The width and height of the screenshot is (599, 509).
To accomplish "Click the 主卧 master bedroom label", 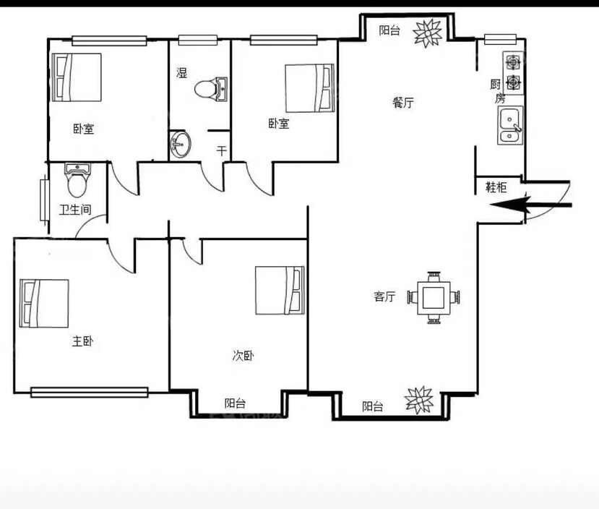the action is [82, 341].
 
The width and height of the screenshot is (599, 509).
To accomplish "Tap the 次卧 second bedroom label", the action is [243, 356].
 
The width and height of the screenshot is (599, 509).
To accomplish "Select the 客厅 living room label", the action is [384, 296].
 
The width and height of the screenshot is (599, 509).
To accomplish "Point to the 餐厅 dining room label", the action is [403, 103].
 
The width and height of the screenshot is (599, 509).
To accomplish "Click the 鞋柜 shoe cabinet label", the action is [496, 187].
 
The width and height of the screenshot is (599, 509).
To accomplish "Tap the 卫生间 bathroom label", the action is [75, 210].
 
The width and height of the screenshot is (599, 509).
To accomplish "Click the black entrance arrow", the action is [530, 205].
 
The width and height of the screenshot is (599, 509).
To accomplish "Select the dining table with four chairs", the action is [434, 297].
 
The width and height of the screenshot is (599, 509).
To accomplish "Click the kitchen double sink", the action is [510, 125].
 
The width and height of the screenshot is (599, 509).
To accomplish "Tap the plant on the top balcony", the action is [428, 33].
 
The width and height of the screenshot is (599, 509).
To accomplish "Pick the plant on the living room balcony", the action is [419, 400].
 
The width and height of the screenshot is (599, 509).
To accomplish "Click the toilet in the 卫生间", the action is [77, 179].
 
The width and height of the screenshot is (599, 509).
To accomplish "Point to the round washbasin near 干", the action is [181, 144].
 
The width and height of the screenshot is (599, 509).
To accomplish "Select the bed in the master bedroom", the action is [44, 304].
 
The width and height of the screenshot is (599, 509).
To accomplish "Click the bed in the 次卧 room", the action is [280, 291].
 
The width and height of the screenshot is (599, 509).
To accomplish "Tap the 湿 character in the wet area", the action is [182, 72].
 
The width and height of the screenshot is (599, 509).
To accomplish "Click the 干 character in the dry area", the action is [222, 150].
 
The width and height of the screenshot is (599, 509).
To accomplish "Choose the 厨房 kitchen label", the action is [498, 91].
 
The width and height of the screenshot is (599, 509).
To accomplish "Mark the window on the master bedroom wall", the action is [90, 392].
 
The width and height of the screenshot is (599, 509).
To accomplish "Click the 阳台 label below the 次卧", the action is [235, 403].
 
